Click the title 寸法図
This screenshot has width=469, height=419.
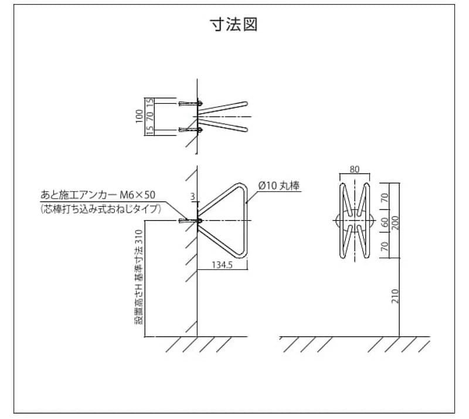234,25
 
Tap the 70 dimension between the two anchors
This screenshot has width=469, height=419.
149,116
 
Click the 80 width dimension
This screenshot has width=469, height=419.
355,169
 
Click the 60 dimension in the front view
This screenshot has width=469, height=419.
385,222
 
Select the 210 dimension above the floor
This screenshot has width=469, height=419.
395,296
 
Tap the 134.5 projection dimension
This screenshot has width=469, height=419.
223,265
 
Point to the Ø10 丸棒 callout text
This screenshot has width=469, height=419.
279,187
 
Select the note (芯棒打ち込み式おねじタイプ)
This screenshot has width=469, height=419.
101,208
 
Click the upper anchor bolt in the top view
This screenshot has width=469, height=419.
191,103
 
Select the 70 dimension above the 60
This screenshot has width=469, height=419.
385,198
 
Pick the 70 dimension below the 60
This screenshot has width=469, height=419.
385,246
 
